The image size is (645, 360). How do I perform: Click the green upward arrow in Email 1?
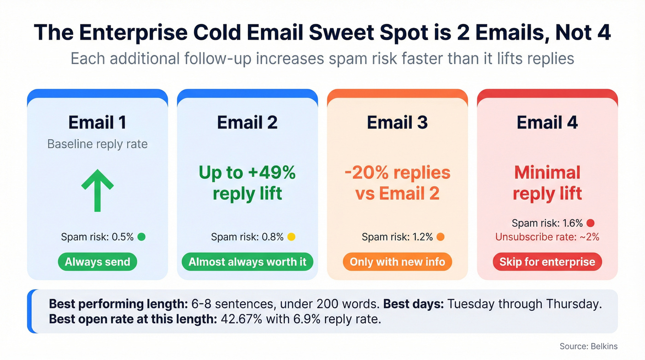pyautogui.click(x=97, y=190)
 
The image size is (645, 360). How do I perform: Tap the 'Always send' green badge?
pyautogui.click(x=97, y=262)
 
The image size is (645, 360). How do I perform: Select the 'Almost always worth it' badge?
pyautogui.click(x=247, y=262)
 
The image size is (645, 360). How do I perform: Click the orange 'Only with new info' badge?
pyautogui.click(x=397, y=262)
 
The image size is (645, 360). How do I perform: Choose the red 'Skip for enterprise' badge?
pyautogui.click(x=547, y=262)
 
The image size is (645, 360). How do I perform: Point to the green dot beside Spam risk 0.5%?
pyautogui.click(x=141, y=237)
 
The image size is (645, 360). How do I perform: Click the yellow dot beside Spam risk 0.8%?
pyautogui.click(x=291, y=237)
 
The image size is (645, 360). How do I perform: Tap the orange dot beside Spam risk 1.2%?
pyautogui.click(x=440, y=237)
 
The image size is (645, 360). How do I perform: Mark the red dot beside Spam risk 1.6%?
pyautogui.click(x=590, y=224)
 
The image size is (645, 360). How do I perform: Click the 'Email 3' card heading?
pyautogui.click(x=397, y=123)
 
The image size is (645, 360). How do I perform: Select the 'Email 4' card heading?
pyautogui.click(x=547, y=123)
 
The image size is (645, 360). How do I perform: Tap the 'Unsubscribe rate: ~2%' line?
pyautogui.click(x=547, y=237)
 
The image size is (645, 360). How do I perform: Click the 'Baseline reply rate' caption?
pyautogui.click(x=97, y=144)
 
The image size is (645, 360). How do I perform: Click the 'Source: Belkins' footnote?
pyautogui.click(x=588, y=346)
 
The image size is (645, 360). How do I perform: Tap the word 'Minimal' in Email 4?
pyautogui.click(x=547, y=172)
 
